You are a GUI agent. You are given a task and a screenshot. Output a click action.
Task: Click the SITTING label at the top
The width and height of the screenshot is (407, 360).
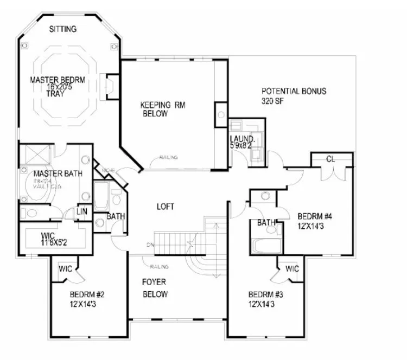point(63,29)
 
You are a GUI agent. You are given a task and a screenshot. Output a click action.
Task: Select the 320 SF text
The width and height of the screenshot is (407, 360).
point(274,101)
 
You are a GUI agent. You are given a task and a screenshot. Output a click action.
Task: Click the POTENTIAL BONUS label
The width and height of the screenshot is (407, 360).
point(294,91)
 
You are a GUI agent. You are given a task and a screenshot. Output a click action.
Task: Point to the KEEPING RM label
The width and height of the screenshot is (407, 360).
point(163,105)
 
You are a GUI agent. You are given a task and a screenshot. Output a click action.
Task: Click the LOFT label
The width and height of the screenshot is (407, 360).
point(166,206)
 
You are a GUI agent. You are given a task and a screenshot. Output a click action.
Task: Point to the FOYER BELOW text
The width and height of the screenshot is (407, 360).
point(155,288)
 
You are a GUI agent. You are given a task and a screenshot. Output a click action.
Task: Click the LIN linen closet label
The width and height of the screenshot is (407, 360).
point(81,210)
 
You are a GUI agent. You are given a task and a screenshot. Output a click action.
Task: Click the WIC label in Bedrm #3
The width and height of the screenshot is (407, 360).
point(292,268)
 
